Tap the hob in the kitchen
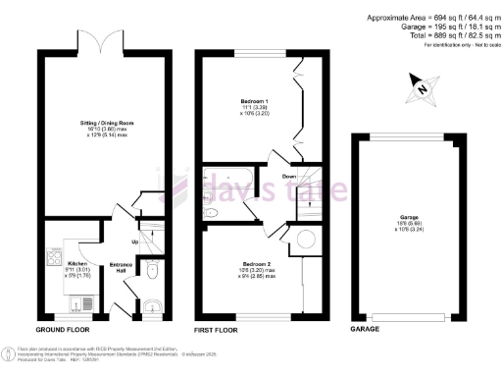click(x=52, y=262)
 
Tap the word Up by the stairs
click(x=133, y=242)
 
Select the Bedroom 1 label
click(x=255, y=101)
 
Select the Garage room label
click(x=409, y=220)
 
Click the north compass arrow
click(x=421, y=87)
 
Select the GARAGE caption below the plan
click(x=365, y=330)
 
